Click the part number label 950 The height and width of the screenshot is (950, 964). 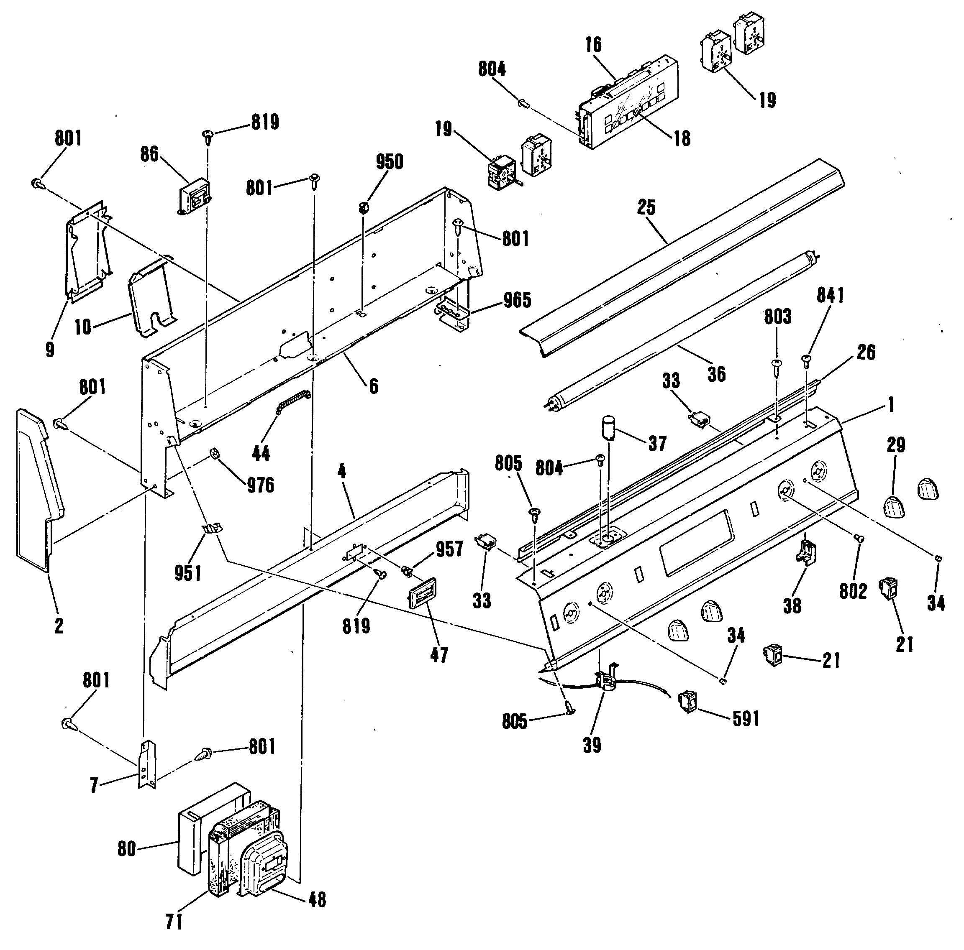click(389, 162)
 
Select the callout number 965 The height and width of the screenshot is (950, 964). click(517, 300)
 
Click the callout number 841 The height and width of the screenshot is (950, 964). click(830, 295)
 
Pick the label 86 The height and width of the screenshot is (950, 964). click(149, 155)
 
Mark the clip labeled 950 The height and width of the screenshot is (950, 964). click(364, 207)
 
